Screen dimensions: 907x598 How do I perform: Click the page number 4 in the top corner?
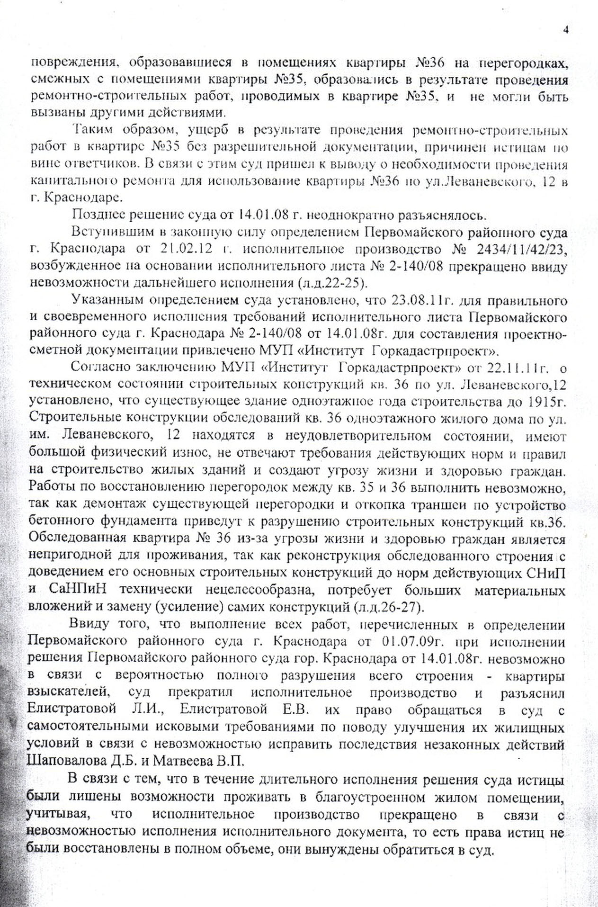(x=565, y=30)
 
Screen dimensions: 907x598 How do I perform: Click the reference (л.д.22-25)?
(x=332, y=283)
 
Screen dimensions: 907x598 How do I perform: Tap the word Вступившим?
(x=112, y=232)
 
